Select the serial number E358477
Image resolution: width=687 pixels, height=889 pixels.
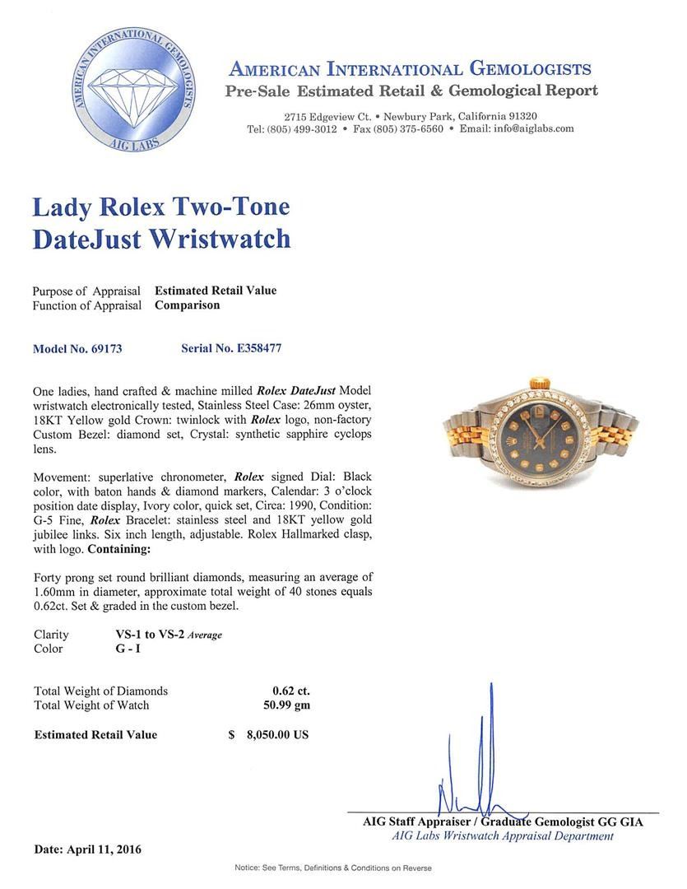click(x=255, y=348)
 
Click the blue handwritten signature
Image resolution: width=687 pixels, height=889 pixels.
click(x=477, y=766)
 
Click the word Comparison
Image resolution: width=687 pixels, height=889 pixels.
click(x=188, y=305)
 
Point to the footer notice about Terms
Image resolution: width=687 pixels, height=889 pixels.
click(x=332, y=868)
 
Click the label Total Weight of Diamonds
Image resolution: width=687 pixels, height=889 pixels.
click(x=100, y=691)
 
